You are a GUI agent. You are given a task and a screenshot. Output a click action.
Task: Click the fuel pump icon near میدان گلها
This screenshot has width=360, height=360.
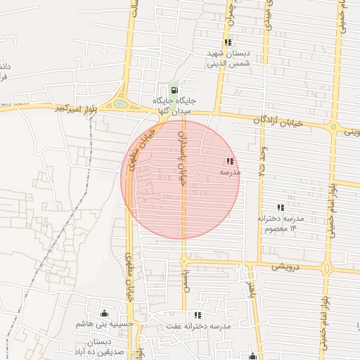(174, 91)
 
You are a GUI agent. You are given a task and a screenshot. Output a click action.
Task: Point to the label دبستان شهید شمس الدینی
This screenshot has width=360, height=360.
(229, 58)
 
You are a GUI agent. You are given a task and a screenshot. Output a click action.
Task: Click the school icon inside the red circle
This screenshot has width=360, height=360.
(230, 162)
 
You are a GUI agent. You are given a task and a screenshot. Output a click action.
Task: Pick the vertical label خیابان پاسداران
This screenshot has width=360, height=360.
(182, 155)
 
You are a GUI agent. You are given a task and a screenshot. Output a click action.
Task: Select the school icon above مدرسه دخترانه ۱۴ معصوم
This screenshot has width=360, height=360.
(281, 207)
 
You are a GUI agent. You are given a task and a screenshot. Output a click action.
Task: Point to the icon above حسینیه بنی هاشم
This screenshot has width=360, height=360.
(105, 313)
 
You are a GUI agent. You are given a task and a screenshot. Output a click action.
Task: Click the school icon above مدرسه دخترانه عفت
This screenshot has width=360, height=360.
(198, 315)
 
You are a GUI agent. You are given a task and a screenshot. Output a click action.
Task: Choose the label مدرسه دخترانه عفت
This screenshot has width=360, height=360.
(198, 326)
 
